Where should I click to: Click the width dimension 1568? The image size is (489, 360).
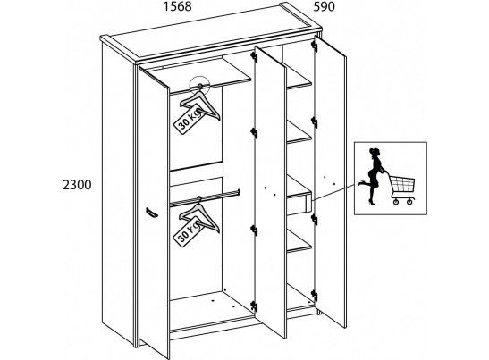coord(178,6)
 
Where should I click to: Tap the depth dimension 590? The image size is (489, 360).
coord(324,6)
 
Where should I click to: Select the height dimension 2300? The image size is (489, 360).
coord(77,185)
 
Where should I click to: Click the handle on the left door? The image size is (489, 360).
coord(152,213)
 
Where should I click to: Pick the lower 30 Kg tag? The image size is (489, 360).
coord(189,233)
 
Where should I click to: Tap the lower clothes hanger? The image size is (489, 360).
coord(199,215)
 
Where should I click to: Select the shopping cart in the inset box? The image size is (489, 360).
coord(402,188)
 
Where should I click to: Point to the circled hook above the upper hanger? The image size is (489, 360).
coord(199,85)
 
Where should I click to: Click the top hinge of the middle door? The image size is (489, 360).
coord(254,57)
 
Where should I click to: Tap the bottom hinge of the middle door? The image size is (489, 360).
coord(254,306)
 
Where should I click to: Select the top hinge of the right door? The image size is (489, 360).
coord(315,46)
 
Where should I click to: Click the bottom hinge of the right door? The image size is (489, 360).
coord(315,296)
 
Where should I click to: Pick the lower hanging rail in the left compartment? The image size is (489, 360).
coord(205,197)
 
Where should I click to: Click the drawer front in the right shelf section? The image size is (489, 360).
coord(299,205)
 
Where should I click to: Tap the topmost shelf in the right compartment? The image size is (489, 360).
coord(299,80)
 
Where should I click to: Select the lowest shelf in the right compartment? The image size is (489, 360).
coord(299,241)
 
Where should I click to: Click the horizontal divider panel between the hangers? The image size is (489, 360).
coord(197,174)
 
